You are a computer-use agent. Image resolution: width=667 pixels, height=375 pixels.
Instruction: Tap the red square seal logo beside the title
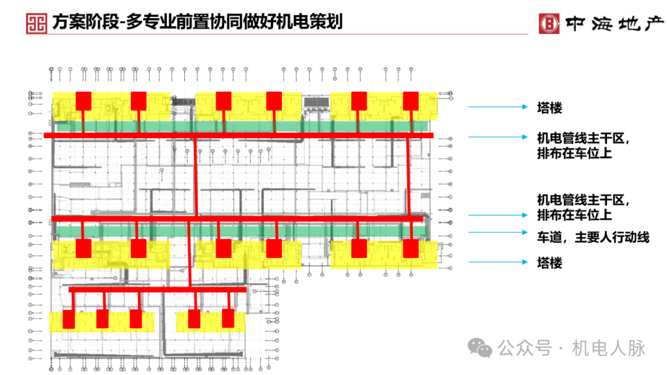click(x=37, y=22)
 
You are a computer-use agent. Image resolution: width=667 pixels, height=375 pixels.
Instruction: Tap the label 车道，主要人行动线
click(x=593, y=238)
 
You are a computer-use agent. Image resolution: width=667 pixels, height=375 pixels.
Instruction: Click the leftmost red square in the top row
click(x=83, y=100)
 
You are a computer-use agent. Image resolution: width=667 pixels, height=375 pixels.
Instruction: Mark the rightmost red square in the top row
click(x=410, y=100)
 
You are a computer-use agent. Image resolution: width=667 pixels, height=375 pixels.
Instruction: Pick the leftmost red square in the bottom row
click(x=68, y=319)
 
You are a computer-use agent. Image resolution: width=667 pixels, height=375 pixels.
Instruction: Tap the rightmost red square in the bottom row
click(x=228, y=318)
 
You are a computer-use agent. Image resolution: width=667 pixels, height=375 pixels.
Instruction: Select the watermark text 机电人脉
click(x=608, y=348)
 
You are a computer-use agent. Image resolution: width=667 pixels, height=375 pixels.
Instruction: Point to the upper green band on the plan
click(x=241, y=126)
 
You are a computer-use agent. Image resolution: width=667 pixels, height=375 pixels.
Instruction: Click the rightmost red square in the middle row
click(x=410, y=248)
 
